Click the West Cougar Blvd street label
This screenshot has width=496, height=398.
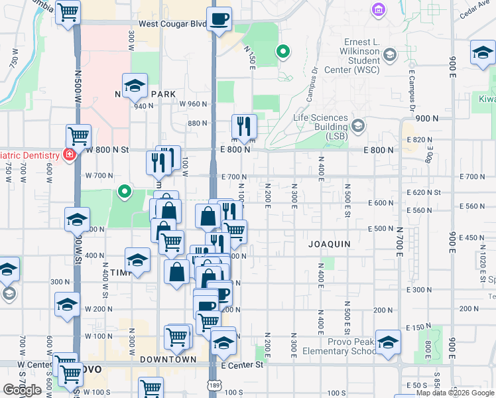[172, 24]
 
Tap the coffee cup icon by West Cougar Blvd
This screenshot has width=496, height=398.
[219, 19]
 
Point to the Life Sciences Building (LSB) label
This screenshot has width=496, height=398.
[321, 123]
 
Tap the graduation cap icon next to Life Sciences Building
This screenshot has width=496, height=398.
[358, 125]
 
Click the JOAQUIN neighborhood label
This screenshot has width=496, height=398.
[329, 244]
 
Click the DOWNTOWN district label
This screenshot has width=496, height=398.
[168, 360]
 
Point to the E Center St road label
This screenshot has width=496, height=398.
[242, 365]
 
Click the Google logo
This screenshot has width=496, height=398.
[22, 390]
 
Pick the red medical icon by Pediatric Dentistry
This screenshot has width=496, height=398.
[69, 155]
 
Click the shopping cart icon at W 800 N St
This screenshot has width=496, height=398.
[78, 137]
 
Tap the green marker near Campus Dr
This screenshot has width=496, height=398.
[283, 52]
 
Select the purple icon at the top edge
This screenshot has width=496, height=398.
[378, 10]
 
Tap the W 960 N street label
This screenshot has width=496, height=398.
[194, 104]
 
